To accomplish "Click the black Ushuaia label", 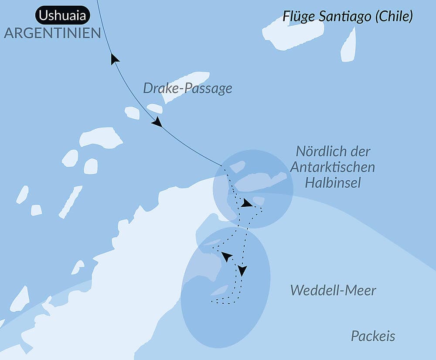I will pyautogui.click(x=63, y=16).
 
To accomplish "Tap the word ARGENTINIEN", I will pyautogui.click(x=52, y=33).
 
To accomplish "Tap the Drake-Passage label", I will pyautogui.click(x=187, y=89).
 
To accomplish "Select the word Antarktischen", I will pyautogui.click(x=333, y=167).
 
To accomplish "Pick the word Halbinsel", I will pyautogui.click(x=333, y=182).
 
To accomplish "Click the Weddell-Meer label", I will pyautogui.click(x=333, y=290).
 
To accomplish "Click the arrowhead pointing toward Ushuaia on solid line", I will pyautogui.click(x=115, y=59).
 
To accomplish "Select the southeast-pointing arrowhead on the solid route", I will pyautogui.click(x=157, y=123).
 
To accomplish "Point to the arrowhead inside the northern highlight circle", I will pyautogui.click(x=246, y=203).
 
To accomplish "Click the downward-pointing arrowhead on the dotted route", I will pyautogui.click(x=242, y=271).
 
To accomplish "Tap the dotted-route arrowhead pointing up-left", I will pyautogui.click(x=226, y=256).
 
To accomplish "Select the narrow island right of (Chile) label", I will pyautogui.click(x=348, y=46).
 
